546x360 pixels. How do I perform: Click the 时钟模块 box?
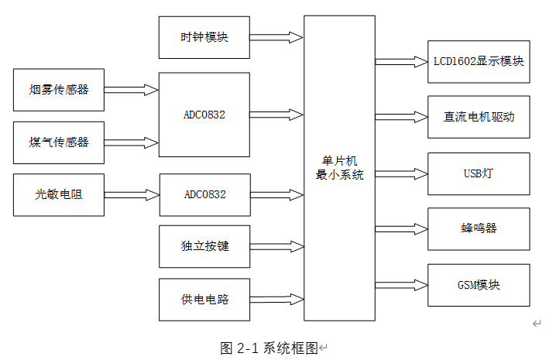(x=204, y=37)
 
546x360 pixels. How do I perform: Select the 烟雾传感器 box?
(x=59, y=90)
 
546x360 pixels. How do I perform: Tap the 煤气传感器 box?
(x=59, y=142)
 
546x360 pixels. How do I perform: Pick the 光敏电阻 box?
(x=59, y=194)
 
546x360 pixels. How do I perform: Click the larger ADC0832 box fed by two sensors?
(x=204, y=115)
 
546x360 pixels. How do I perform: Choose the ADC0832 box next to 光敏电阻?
(x=204, y=194)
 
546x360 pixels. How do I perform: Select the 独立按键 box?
(x=204, y=247)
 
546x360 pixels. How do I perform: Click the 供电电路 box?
(x=204, y=300)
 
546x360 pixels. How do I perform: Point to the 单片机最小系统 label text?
(x=339, y=168)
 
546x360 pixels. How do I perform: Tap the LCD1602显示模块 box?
(x=479, y=61)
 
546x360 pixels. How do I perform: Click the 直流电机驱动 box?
(x=479, y=118)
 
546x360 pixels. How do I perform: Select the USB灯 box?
(x=479, y=173)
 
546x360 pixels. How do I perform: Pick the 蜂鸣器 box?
(x=479, y=228)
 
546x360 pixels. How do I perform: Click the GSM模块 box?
(x=479, y=285)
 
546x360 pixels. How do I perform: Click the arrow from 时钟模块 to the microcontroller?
(x=276, y=37)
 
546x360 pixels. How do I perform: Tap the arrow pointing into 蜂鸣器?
(x=400, y=228)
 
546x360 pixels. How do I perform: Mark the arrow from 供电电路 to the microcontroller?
(x=276, y=298)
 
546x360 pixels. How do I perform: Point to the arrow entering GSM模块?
(x=400, y=285)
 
